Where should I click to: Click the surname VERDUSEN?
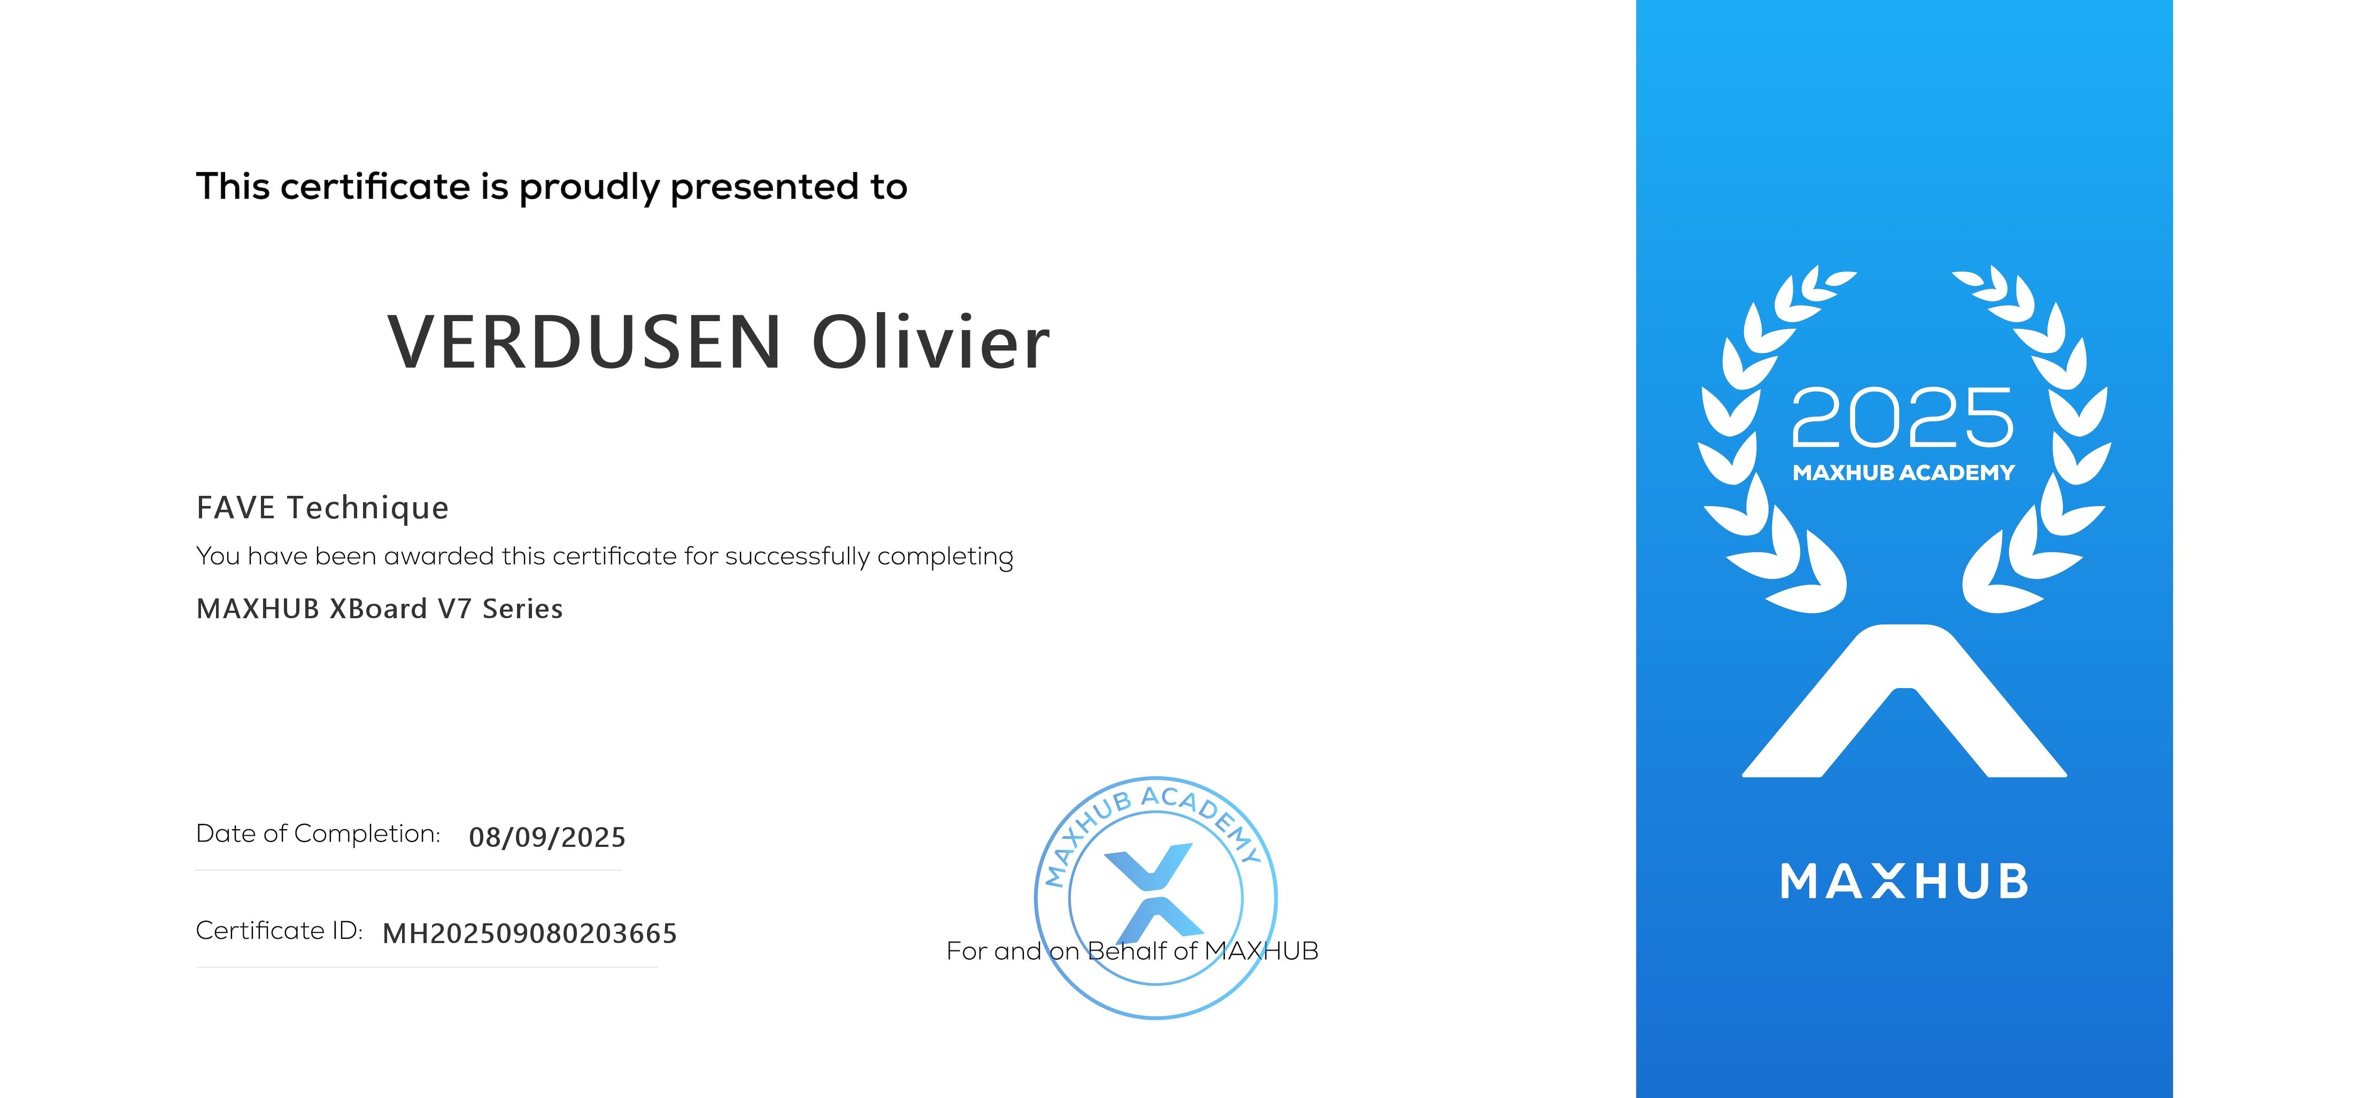(x=584, y=342)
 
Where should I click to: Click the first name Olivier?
(x=930, y=342)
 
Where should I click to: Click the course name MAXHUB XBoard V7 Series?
(x=380, y=608)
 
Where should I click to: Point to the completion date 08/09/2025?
(x=547, y=837)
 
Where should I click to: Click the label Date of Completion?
(x=318, y=834)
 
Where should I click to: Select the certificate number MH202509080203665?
(x=529, y=933)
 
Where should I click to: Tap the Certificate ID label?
(x=280, y=931)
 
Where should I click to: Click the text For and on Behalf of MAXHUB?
(x=1132, y=951)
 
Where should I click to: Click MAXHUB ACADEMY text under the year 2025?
(x=1903, y=472)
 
